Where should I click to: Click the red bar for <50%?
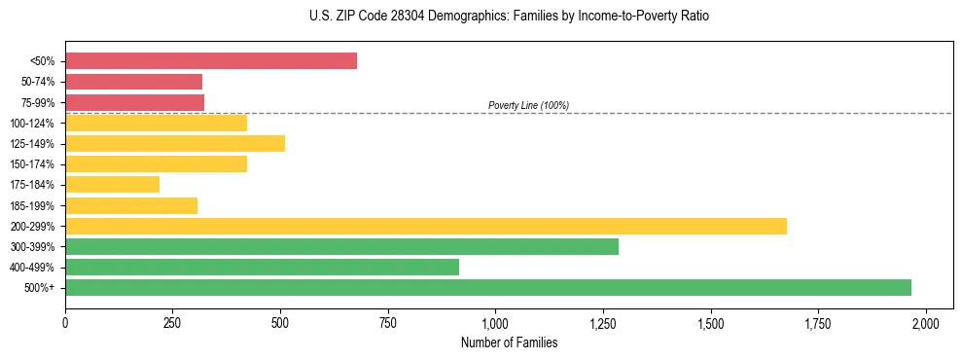[x=211, y=61]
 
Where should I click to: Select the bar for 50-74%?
[x=134, y=82]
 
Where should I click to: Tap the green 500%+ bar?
[x=488, y=288]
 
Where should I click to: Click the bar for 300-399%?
[x=341, y=247]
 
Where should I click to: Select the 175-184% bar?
[x=113, y=185]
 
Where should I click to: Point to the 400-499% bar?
[x=262, y=268]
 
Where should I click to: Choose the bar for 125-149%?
[x=175, y=144]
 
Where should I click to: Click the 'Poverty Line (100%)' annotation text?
[x=528, y=105]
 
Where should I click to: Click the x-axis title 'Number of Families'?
[x=509, y=342]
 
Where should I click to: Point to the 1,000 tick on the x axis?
[x=495, y=323]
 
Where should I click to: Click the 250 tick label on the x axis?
[x=173, y=323]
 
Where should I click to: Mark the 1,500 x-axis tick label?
[x=711, y=323]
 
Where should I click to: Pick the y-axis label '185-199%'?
[x=33, y=206]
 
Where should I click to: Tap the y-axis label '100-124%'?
[x=33, y=124]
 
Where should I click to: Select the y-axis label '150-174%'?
[x=33, y=165]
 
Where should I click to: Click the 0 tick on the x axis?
[x=65, y=323]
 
